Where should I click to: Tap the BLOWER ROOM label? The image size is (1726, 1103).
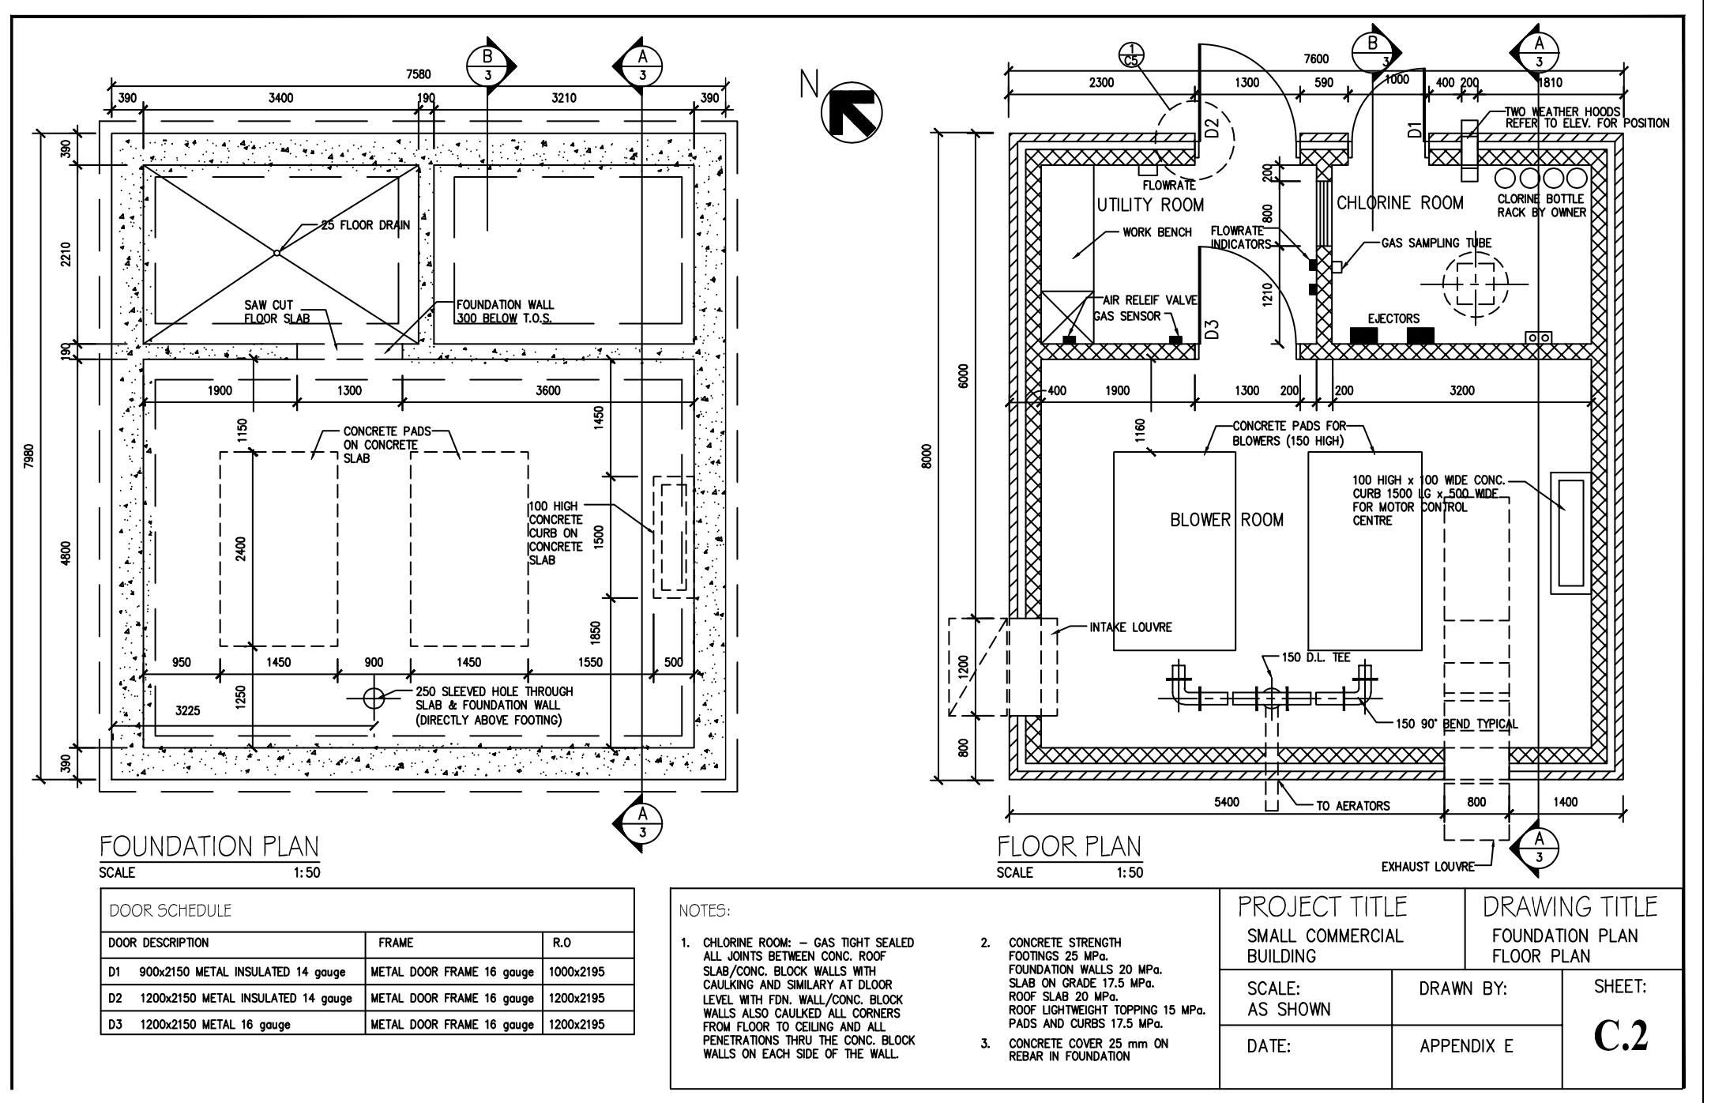tap(1226, 520)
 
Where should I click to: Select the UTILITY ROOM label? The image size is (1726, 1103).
tap(1150, 205)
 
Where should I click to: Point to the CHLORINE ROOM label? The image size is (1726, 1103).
tap(1400, 203)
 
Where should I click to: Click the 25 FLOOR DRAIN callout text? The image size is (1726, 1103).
tap(365, 225)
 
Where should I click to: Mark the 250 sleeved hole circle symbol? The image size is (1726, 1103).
tap(373, 697)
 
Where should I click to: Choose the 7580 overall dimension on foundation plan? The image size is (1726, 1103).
tap(418, 73)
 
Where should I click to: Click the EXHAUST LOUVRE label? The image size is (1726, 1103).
tap(1427, 867)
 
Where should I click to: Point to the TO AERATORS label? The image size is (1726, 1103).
tap(1352, 806)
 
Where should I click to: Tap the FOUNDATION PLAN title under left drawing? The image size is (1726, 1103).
tap(209, 847)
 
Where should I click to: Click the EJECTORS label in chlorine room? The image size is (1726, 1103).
tap(1393, 318)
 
